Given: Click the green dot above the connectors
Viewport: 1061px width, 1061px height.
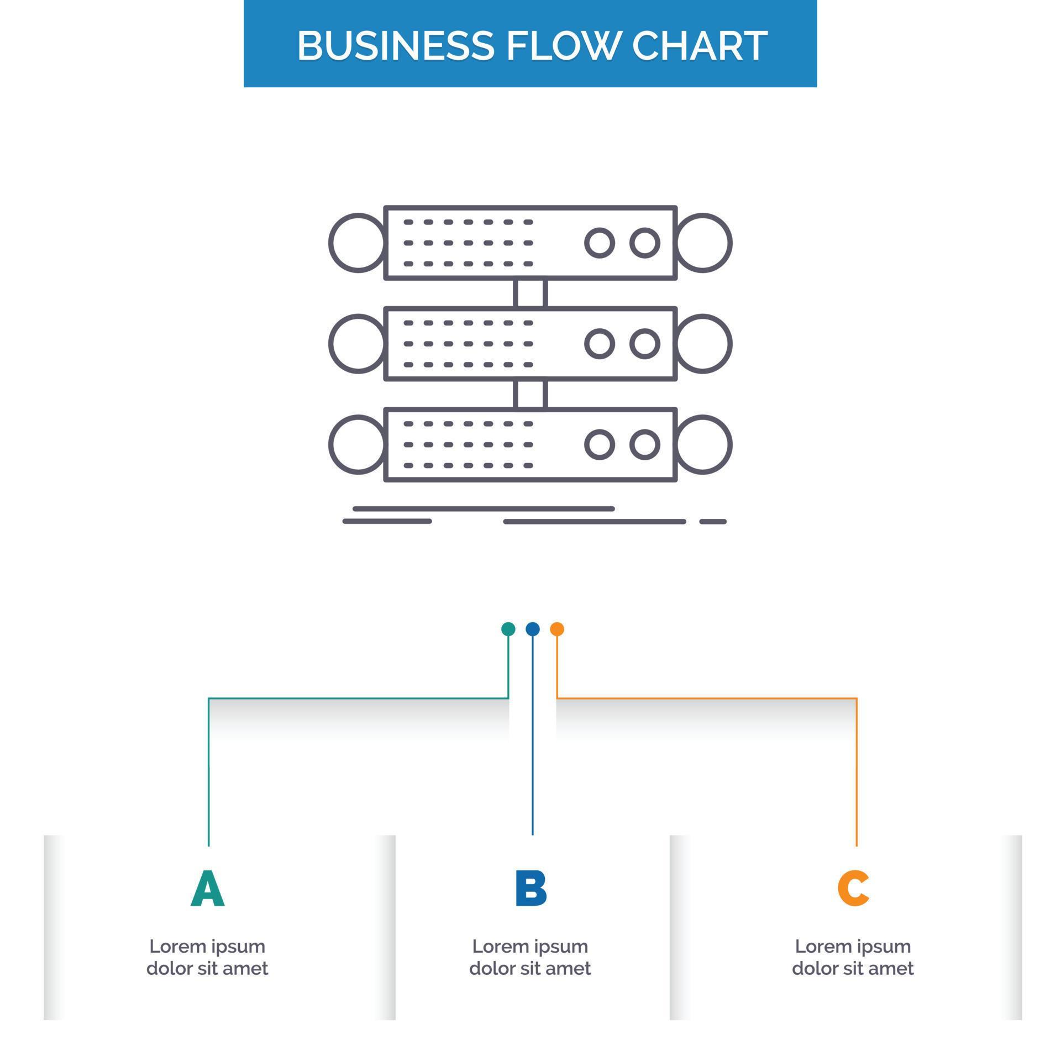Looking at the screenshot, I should pyautogui.click(x=508, y=629).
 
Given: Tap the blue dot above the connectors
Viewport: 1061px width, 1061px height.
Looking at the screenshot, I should pyautogui.click(x=533, y=629).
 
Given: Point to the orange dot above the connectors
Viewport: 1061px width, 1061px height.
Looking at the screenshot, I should pyautogui.click(x=557, y=629).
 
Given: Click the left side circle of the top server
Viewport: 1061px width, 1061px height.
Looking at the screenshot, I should pyautogui.click(x=357, y=243).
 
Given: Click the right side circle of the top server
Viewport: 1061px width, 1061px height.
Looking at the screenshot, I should pyautogui.click(x=704, y=243).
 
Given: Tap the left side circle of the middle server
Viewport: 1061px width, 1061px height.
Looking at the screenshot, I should pyautogui.click(x=357, y=344).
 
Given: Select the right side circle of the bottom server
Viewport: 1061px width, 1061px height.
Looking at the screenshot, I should pyautogui.click(x=704, y=444).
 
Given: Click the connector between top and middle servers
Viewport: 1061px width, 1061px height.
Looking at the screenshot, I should pyautogui.click(x=530, y=293).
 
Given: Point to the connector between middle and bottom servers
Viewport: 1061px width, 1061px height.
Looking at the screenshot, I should pyautogui.click(x=530, y=394).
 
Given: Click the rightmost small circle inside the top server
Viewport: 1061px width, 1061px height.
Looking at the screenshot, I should pyautogui.click(x=645, y=243).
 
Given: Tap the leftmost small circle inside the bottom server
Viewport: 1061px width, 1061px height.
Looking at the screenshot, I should pyautogui.click(x=600, y=444).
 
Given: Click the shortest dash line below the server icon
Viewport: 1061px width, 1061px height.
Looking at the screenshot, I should pyautogui.click(x=713, y=522).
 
